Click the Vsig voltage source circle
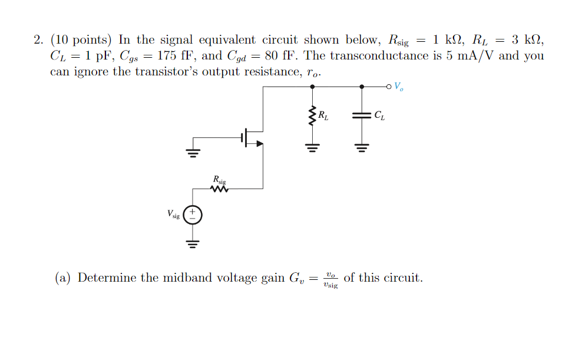pyautogui.click(x=193, y=215)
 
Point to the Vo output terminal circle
pyautogui.click(x=389, y=87)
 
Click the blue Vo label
pyautogui.click(x=399, y=87)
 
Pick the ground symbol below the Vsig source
pyautogui.click(x=193, y=242)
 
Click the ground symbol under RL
pyautogui.click(x=312, y=146)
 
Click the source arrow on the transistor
pyautogui.click(x=260, y=142)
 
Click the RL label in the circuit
pyautogui.click(x=323, y=115)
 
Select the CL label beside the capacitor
pyautogui.click(x=379, y=115)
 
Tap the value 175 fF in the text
pyautogui.click(x=173, y=56)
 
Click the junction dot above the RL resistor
pyautogui.click(x=312, y=87)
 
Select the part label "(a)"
pyautogui.click(x=63, y=278)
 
